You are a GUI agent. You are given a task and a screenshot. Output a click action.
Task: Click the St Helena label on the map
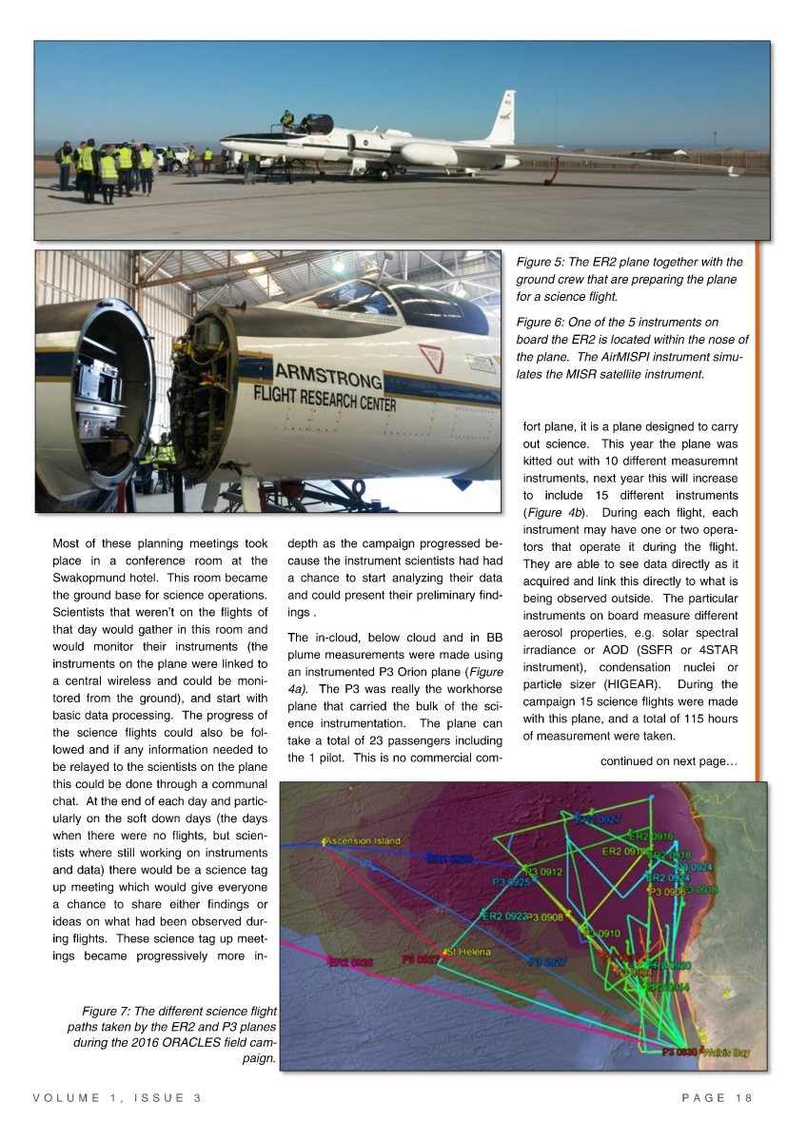(466, 953)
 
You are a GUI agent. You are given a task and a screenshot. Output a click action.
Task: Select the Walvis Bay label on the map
(727, 1053)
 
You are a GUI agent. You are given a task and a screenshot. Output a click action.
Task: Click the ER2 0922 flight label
(503, 916)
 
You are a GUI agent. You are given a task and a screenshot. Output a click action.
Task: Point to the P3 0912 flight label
(543, 871)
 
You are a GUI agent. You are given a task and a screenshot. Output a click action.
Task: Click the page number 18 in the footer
(744, 1097)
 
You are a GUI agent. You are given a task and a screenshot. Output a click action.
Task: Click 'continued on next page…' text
(669, 760)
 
